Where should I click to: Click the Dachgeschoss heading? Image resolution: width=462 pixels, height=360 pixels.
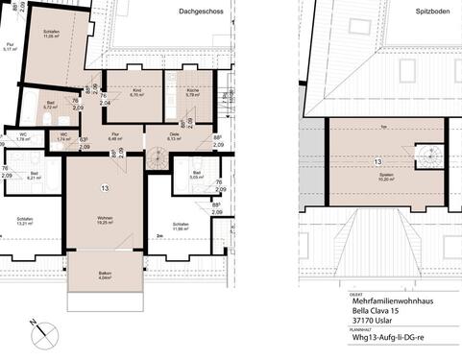click(x=199, y=12)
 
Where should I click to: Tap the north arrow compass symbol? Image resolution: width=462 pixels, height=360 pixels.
click(x=41, y=334)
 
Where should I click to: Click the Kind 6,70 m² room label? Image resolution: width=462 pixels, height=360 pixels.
click(x=136, y=93)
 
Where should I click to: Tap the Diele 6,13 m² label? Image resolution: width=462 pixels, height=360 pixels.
click(x=175, y=136)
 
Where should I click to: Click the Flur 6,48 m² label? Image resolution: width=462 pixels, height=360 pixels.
click(x=115, y=136)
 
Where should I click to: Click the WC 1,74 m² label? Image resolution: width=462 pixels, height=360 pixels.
click(x=63, y=137)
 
